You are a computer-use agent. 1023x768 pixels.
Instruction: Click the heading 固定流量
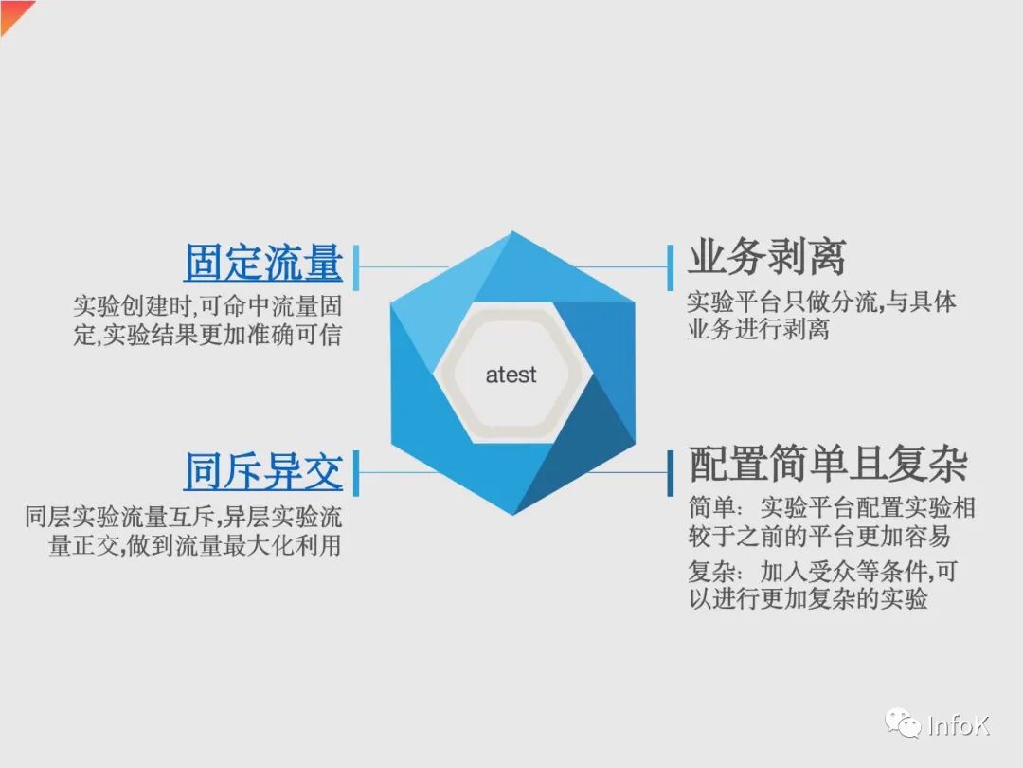263,263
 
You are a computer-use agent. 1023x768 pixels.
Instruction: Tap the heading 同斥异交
263,471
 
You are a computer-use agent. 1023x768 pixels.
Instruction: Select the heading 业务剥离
767,257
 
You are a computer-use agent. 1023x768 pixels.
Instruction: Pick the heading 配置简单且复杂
828,464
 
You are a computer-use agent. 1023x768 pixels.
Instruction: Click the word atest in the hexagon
511,375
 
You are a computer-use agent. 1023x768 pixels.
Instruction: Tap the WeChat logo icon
902,723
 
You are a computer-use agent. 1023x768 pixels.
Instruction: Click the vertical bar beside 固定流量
356,267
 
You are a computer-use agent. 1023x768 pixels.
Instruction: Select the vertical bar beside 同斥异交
356,473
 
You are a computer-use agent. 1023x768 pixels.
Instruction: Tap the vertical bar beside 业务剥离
670,267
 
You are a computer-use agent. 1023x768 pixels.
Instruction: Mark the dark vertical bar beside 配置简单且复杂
670,473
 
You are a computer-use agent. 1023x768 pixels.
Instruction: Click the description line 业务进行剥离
758,329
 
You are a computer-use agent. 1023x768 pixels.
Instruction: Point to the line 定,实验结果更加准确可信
207,335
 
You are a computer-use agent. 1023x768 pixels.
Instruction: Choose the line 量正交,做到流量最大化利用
195,544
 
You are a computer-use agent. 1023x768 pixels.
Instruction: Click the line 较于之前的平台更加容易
819,536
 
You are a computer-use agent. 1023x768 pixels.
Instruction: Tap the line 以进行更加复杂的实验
808,598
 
